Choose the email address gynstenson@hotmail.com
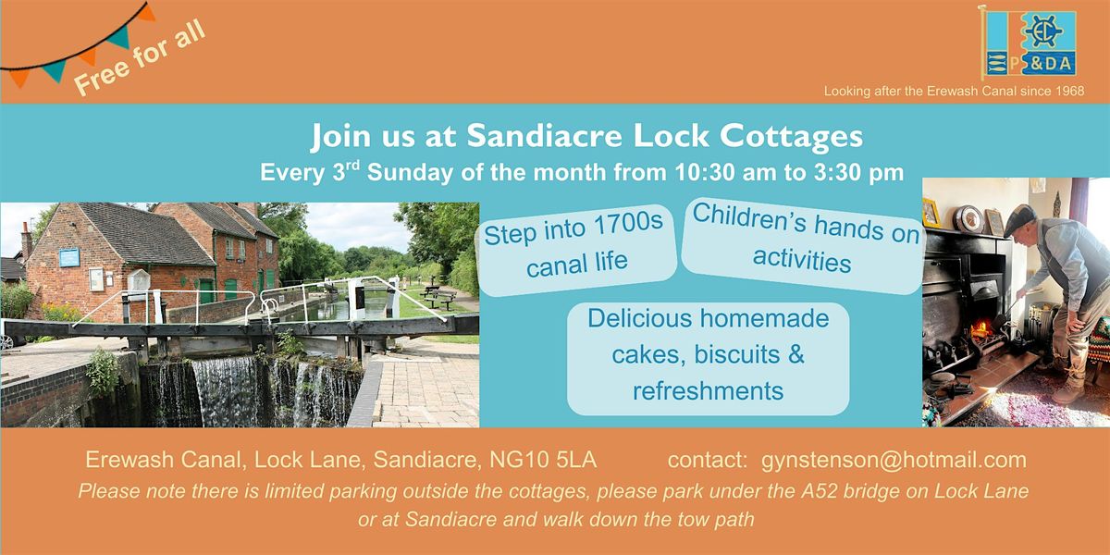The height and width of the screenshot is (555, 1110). tap(894, 461)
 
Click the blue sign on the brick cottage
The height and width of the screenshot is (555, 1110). tap(69, 257)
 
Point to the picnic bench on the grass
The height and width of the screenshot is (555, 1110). tap(437, 295)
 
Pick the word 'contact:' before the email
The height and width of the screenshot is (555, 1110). tap(707, 461)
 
